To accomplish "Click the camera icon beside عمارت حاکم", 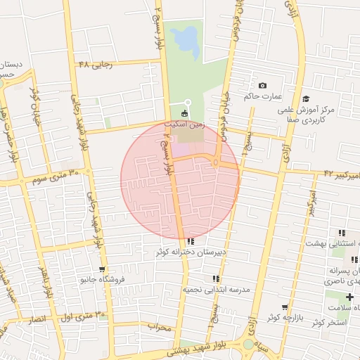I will coord(263,85).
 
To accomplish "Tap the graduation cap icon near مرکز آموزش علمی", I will coord(305,99).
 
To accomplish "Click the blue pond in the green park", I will coord(185,41).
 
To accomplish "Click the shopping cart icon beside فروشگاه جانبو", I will coord(103,269).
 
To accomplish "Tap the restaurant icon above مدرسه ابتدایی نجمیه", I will coord(216,279).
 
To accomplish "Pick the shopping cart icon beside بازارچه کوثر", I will coord(285,307).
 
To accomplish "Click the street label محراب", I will coord(160,327).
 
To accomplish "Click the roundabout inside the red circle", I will coord(215,162).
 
